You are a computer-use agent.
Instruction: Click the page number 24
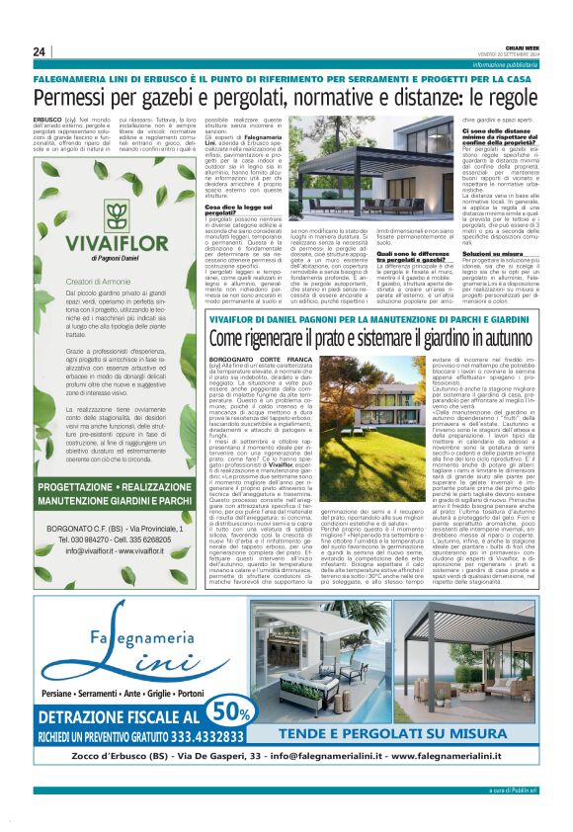(x=40, y=51)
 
